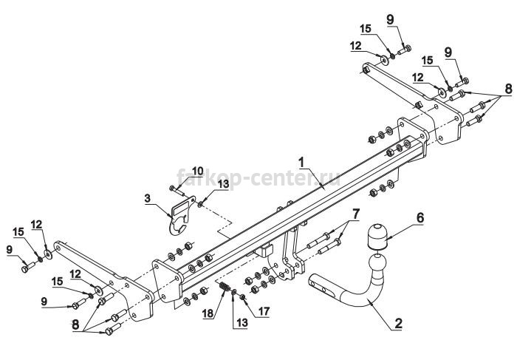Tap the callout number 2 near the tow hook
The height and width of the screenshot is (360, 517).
click(x=398, y=323)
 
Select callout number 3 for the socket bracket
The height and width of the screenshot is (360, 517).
click(x=147, y=199)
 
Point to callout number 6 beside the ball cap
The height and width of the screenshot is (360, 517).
click(x=420, y=218)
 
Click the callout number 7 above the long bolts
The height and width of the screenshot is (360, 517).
click(x=356, y=214)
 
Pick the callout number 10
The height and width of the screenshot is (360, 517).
click(x=198, y=171)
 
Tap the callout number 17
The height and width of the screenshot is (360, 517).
click(x=264, y=311)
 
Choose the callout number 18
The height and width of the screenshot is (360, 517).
click(x=208, y=313)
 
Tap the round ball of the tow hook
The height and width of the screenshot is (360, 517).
click(x=377, y=265)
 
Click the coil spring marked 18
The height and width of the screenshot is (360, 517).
click(x=225, y=288)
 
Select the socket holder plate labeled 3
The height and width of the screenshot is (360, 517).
click(x=181, y=215)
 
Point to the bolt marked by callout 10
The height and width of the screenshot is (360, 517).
click(x=177, y=190)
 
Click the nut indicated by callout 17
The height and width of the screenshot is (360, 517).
click(x=242, y=297)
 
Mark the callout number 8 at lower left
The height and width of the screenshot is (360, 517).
click(x=75, y=325)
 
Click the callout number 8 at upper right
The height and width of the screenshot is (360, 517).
click(x=508, y=89)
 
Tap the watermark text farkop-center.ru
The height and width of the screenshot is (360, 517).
click(x=258, y=178)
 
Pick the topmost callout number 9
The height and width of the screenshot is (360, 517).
click(x=390, y=19)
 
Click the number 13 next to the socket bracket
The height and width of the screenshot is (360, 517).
click(x=223, y=184)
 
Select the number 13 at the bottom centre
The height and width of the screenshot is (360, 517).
click(x=242, y=322)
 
